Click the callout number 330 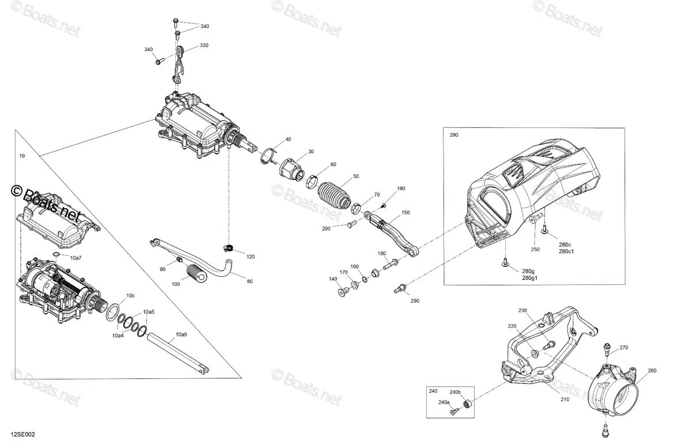pyautogui.click(x=204, y=45)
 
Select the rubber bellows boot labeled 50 pyautogui.click(x=334, y=195)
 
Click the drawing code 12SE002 pyautogui.click(x=23, y=434)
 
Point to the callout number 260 pyautogui.click(x=652, y=370)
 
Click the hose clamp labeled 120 pyautogui.click(x=228, y=247)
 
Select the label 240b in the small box pyautogui.click(x=455, y=392)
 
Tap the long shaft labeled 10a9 pyautogui.click(x=178, y=353)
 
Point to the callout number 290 pyautogui.click(x=415, y=300)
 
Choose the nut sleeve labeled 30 pyautogui.click(x=292, y=170)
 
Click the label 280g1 pyautogui.click(x=529, y=278)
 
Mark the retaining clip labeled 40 pyautogui.click(x=268, y=157)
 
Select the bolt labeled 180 pyautogui.click(x=390, y=263)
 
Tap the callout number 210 pyautogui.click(x=565, y=399)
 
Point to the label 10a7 pyautogui.click(x=76, y=258)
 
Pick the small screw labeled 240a pyautogui.click(x=453, y=412)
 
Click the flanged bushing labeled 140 pyautogui.click(x=343, y=291)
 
